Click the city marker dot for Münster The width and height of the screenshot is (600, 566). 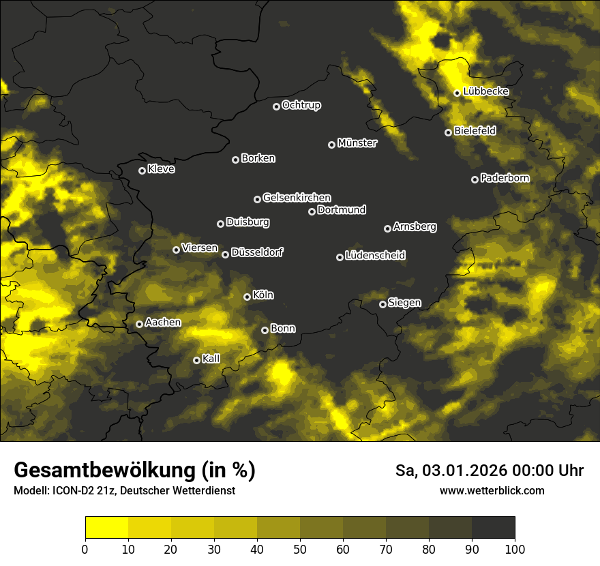[332, 145]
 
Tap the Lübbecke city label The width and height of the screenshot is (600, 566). [485, 91]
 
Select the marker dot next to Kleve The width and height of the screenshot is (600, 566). [142, 170]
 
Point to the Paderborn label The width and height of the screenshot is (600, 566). [505, 178]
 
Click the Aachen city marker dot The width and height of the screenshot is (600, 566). [139, 324]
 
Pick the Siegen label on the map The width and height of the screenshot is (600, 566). [404, 303]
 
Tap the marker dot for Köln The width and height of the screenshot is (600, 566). [247, 297]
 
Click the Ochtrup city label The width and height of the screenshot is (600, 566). [301, 105]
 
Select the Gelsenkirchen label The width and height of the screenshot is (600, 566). [297, 198]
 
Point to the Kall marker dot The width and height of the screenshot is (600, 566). [196, 360]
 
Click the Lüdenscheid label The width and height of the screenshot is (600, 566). [375, 255]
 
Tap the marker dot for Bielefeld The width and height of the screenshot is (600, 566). [448, 132]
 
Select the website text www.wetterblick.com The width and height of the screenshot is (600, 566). [492, 490]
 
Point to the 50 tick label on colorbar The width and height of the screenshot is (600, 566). [300, 549]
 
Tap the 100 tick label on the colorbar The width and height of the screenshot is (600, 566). [515, 549]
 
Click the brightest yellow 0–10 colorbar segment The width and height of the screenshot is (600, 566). [107, 528]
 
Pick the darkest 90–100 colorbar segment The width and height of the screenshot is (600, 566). [493, 528]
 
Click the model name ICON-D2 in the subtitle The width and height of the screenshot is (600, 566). [71, 491]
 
